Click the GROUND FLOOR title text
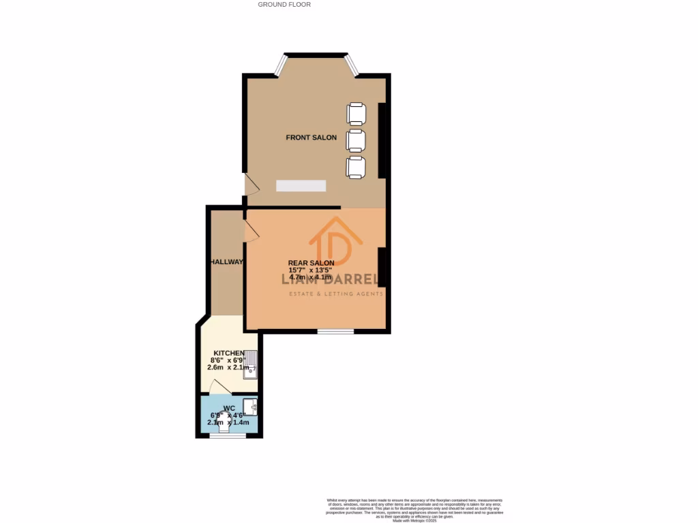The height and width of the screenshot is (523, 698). tap(284, 4)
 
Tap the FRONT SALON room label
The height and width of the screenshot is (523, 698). tap(311, 138)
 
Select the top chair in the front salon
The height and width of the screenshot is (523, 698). tap(356, 113)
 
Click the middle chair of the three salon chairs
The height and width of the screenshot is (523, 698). tap(356, 140)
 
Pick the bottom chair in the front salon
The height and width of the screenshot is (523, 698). tap(356, 168)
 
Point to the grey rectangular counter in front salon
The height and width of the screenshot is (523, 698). tap(301, 186)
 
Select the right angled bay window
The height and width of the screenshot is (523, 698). tap(352, 64)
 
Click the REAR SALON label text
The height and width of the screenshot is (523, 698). tap(311, 263)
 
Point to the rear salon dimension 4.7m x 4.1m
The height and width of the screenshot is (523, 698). tap(311, 278)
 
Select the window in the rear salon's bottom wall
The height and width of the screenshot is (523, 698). tap(335, 332)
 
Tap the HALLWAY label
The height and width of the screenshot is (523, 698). tap(227, 262)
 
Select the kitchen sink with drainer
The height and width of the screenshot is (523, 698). tap(252, 364)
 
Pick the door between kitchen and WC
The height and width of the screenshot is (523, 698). tap(219, 388)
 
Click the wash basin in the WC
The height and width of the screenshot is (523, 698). tap(252, 407)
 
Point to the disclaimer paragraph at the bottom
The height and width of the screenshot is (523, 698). tap(416, 509)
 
